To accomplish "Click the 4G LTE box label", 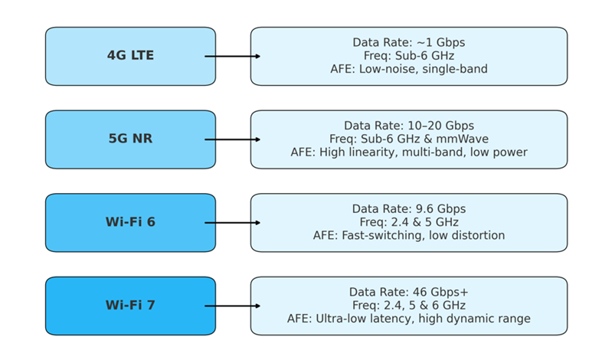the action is click(x=130, y=56).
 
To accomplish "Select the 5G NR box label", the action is click(x=130, y=139).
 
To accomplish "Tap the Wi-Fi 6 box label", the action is click(x=130, y=222).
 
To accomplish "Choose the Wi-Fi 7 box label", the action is click(x=130, y=305).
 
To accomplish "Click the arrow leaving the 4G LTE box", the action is click(x=233, y=57).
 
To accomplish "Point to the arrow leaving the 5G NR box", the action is click(x=233, y=139).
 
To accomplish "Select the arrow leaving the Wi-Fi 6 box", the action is click(x=233, y=223).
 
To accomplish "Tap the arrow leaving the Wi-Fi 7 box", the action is click(x=233, y=306).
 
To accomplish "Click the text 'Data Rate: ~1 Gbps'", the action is click(x=409, y=42).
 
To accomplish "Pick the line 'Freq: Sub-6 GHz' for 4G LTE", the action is click(x=409, y=56).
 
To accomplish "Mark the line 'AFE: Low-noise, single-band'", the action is click(x=409, y=69).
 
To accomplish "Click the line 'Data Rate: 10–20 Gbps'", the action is click(x=409, y=126).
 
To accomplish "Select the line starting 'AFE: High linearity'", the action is click(x=409, y=152).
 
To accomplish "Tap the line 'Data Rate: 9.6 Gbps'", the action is click(x=409, y=209).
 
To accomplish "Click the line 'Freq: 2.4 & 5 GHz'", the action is click(x=409, y=222).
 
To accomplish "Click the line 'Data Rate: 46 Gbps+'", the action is click(x=409, y=292).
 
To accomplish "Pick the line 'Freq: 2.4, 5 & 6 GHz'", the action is click(x=409, y=306).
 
